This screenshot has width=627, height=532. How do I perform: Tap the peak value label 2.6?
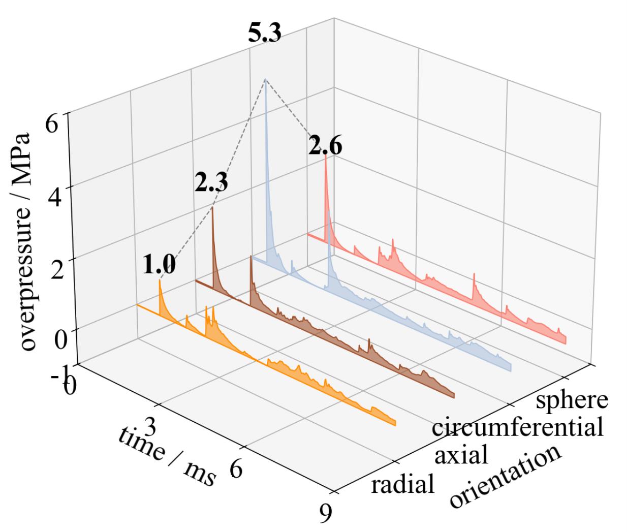pos(325,147)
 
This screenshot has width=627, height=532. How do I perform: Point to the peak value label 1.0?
pos(159,265)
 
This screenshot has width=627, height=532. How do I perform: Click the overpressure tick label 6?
pos(52,123)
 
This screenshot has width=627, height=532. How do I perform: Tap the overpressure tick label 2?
pos(56,269)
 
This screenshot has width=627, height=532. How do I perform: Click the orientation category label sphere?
pos(572,400)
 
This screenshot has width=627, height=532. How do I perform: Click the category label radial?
pos(403,485)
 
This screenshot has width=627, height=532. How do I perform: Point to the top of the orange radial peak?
pos(160,280)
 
